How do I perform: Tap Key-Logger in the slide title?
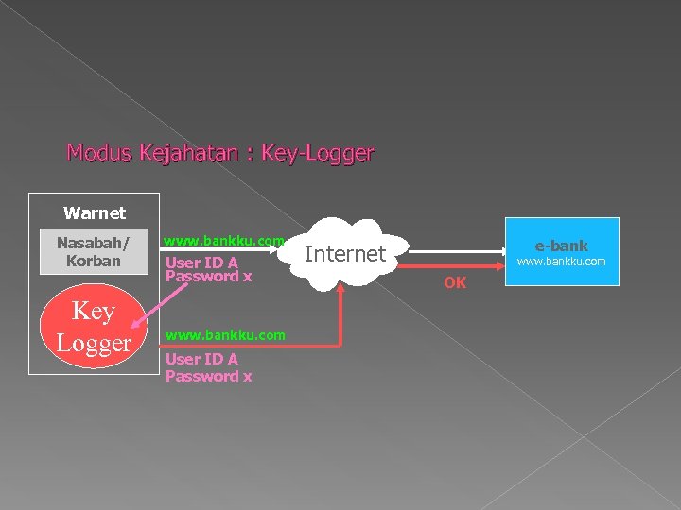318,152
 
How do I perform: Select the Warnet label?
94,213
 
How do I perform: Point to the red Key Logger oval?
94,327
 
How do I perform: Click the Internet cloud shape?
344,254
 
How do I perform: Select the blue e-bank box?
562,251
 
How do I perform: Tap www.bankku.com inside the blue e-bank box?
562,262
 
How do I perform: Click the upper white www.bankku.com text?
224,242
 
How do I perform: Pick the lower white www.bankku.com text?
225,335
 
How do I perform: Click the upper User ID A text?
201,263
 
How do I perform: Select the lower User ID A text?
201,359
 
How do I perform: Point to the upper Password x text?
208,277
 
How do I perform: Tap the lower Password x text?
208,376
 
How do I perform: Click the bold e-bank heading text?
562,246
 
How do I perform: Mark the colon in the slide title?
249,154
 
